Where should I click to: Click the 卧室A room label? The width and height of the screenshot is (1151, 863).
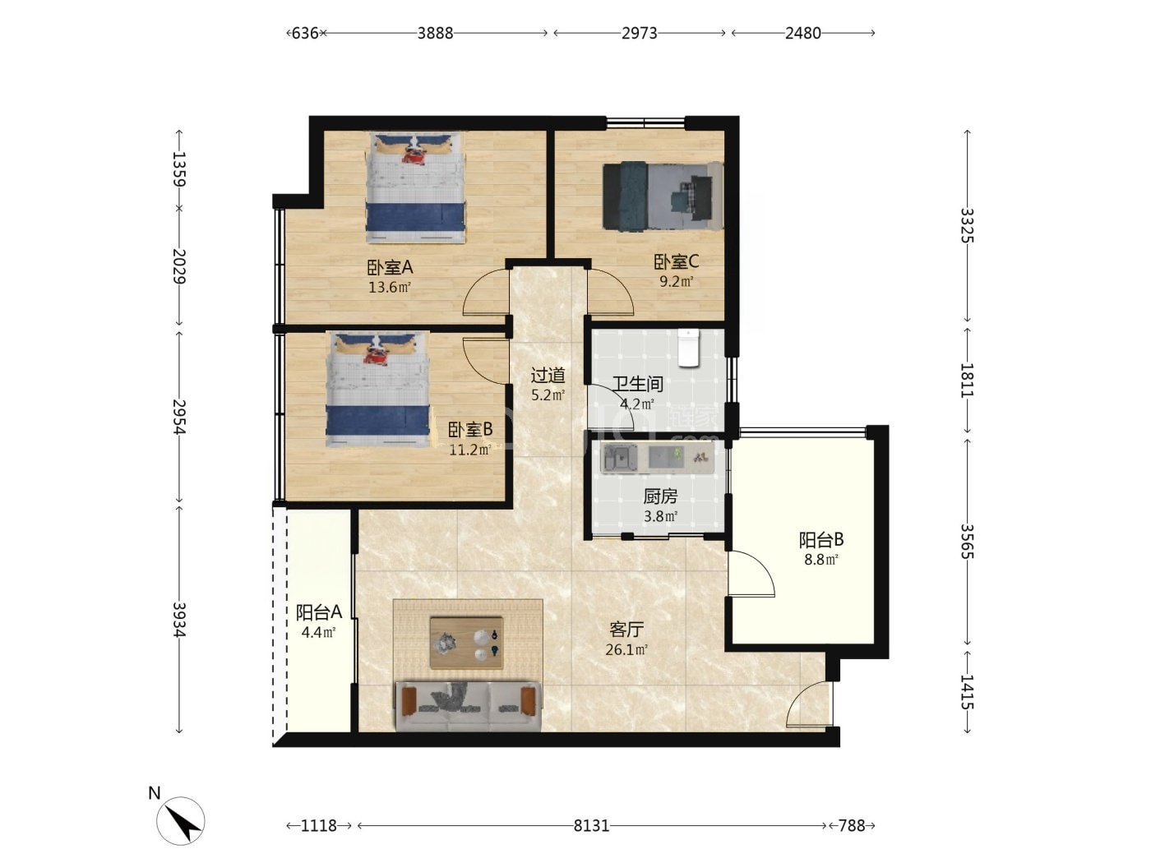[x=390, y=268]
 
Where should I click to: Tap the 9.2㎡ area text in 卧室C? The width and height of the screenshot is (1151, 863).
[x=676, y=281]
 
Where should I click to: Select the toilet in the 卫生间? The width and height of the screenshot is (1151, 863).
[x=687, y=348]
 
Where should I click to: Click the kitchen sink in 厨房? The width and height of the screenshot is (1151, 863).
[x=619, y=458]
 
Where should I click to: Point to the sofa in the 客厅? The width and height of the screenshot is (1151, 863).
[x=468, y=706]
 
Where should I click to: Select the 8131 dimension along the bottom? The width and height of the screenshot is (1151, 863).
[x=591, y=826]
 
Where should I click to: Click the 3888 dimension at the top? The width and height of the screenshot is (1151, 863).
[x=435, y=33]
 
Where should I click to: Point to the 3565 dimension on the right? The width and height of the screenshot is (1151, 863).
[x=967, y=542]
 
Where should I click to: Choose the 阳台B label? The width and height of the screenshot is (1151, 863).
[x=821, y=539]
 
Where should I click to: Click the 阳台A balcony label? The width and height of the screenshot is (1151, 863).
[x=319, y=611]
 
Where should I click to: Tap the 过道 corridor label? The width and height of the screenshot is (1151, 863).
[x=548, y=375]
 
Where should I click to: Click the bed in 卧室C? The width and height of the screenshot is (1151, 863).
[x=663, y=196]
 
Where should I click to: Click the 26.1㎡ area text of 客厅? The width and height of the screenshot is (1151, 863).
[x=626, y=650]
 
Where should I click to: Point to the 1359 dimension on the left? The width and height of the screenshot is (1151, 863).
[x=179, y=168]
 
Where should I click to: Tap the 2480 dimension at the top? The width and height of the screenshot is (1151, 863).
[x=802, y=33]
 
